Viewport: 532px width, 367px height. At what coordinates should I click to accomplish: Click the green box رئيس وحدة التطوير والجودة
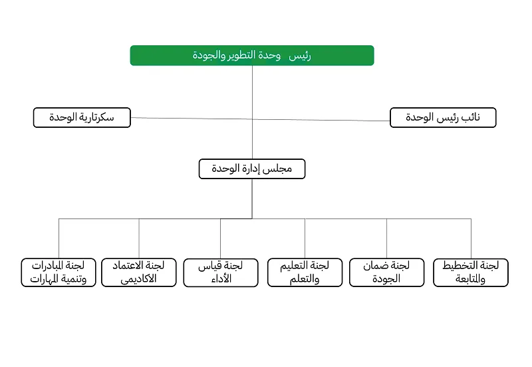251,55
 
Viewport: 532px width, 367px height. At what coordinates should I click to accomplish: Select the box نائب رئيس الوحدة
442,118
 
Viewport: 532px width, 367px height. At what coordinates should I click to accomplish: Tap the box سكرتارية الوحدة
82,118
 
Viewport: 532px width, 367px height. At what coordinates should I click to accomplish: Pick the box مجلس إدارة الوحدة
251,169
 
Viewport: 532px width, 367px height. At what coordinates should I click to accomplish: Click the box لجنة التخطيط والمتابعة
470,272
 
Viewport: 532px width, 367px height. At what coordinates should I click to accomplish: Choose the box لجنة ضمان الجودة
386,272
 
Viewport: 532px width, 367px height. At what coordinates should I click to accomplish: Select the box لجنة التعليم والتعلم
305,272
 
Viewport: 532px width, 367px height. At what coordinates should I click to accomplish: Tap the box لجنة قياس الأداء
221,272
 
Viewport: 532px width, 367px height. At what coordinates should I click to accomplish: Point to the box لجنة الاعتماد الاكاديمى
139,272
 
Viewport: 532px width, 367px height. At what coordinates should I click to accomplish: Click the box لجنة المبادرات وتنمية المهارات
59,272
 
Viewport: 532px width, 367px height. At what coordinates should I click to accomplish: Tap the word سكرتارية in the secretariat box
98,118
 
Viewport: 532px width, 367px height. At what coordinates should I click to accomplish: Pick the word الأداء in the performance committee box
220,279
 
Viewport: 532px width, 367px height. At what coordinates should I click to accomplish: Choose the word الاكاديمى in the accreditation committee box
138,279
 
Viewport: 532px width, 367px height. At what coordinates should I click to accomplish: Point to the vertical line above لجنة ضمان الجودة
386,238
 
